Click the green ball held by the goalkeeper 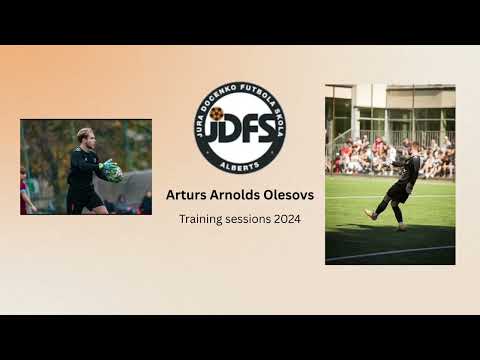point(113,171)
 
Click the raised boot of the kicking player point(371,213)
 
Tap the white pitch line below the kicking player point(390,252)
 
